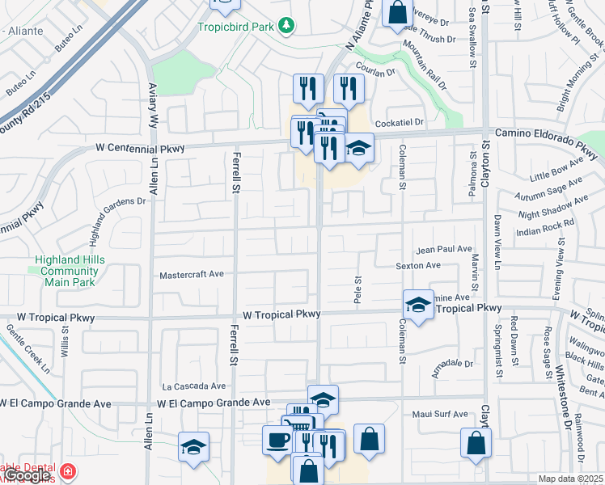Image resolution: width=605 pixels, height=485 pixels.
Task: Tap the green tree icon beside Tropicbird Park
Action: coord(285,26)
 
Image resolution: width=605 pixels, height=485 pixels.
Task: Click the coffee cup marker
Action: coord(278,441)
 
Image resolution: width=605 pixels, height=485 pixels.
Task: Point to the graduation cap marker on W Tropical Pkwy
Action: coord(418,305)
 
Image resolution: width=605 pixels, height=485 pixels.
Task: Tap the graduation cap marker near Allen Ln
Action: coord(194,447)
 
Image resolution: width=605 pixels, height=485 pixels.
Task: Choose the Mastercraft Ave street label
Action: coord(192,274)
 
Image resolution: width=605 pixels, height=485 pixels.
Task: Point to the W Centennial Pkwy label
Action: coord(141,148)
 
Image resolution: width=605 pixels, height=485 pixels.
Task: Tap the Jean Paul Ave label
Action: coord(443,250)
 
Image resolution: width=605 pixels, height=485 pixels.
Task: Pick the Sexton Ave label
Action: coord(418,265)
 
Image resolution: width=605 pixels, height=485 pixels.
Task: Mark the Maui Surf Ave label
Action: coord(438,414)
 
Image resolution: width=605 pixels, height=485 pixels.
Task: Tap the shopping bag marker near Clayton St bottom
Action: coord(476,442)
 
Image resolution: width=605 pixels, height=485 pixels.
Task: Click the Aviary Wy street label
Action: coord(152,100)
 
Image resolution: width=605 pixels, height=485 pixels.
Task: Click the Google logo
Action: coord(27,476)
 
